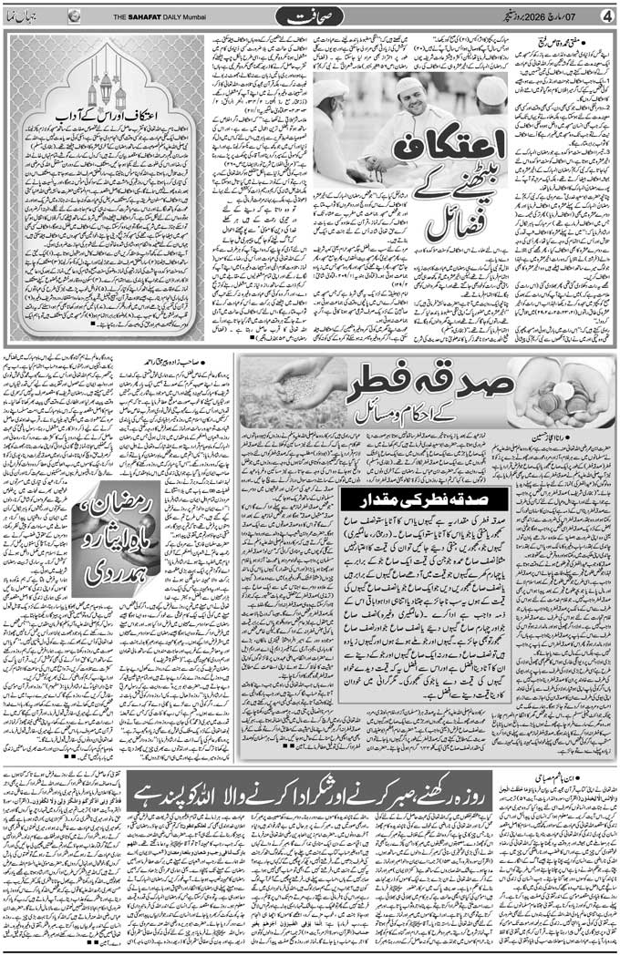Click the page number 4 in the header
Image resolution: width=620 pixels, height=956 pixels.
pyautogui.click(x=607, y=15)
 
